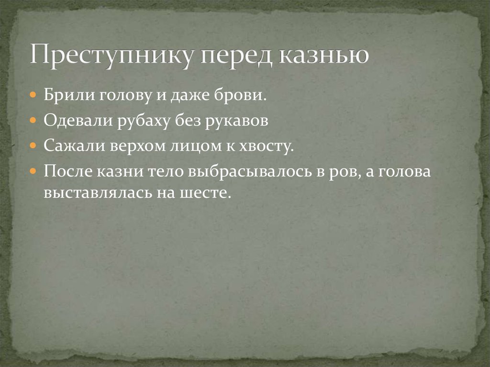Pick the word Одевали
[76, 121]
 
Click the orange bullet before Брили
[33, 95]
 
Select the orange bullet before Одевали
[33, 121]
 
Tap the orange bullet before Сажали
[33, 146]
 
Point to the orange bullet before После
[33, 171]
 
